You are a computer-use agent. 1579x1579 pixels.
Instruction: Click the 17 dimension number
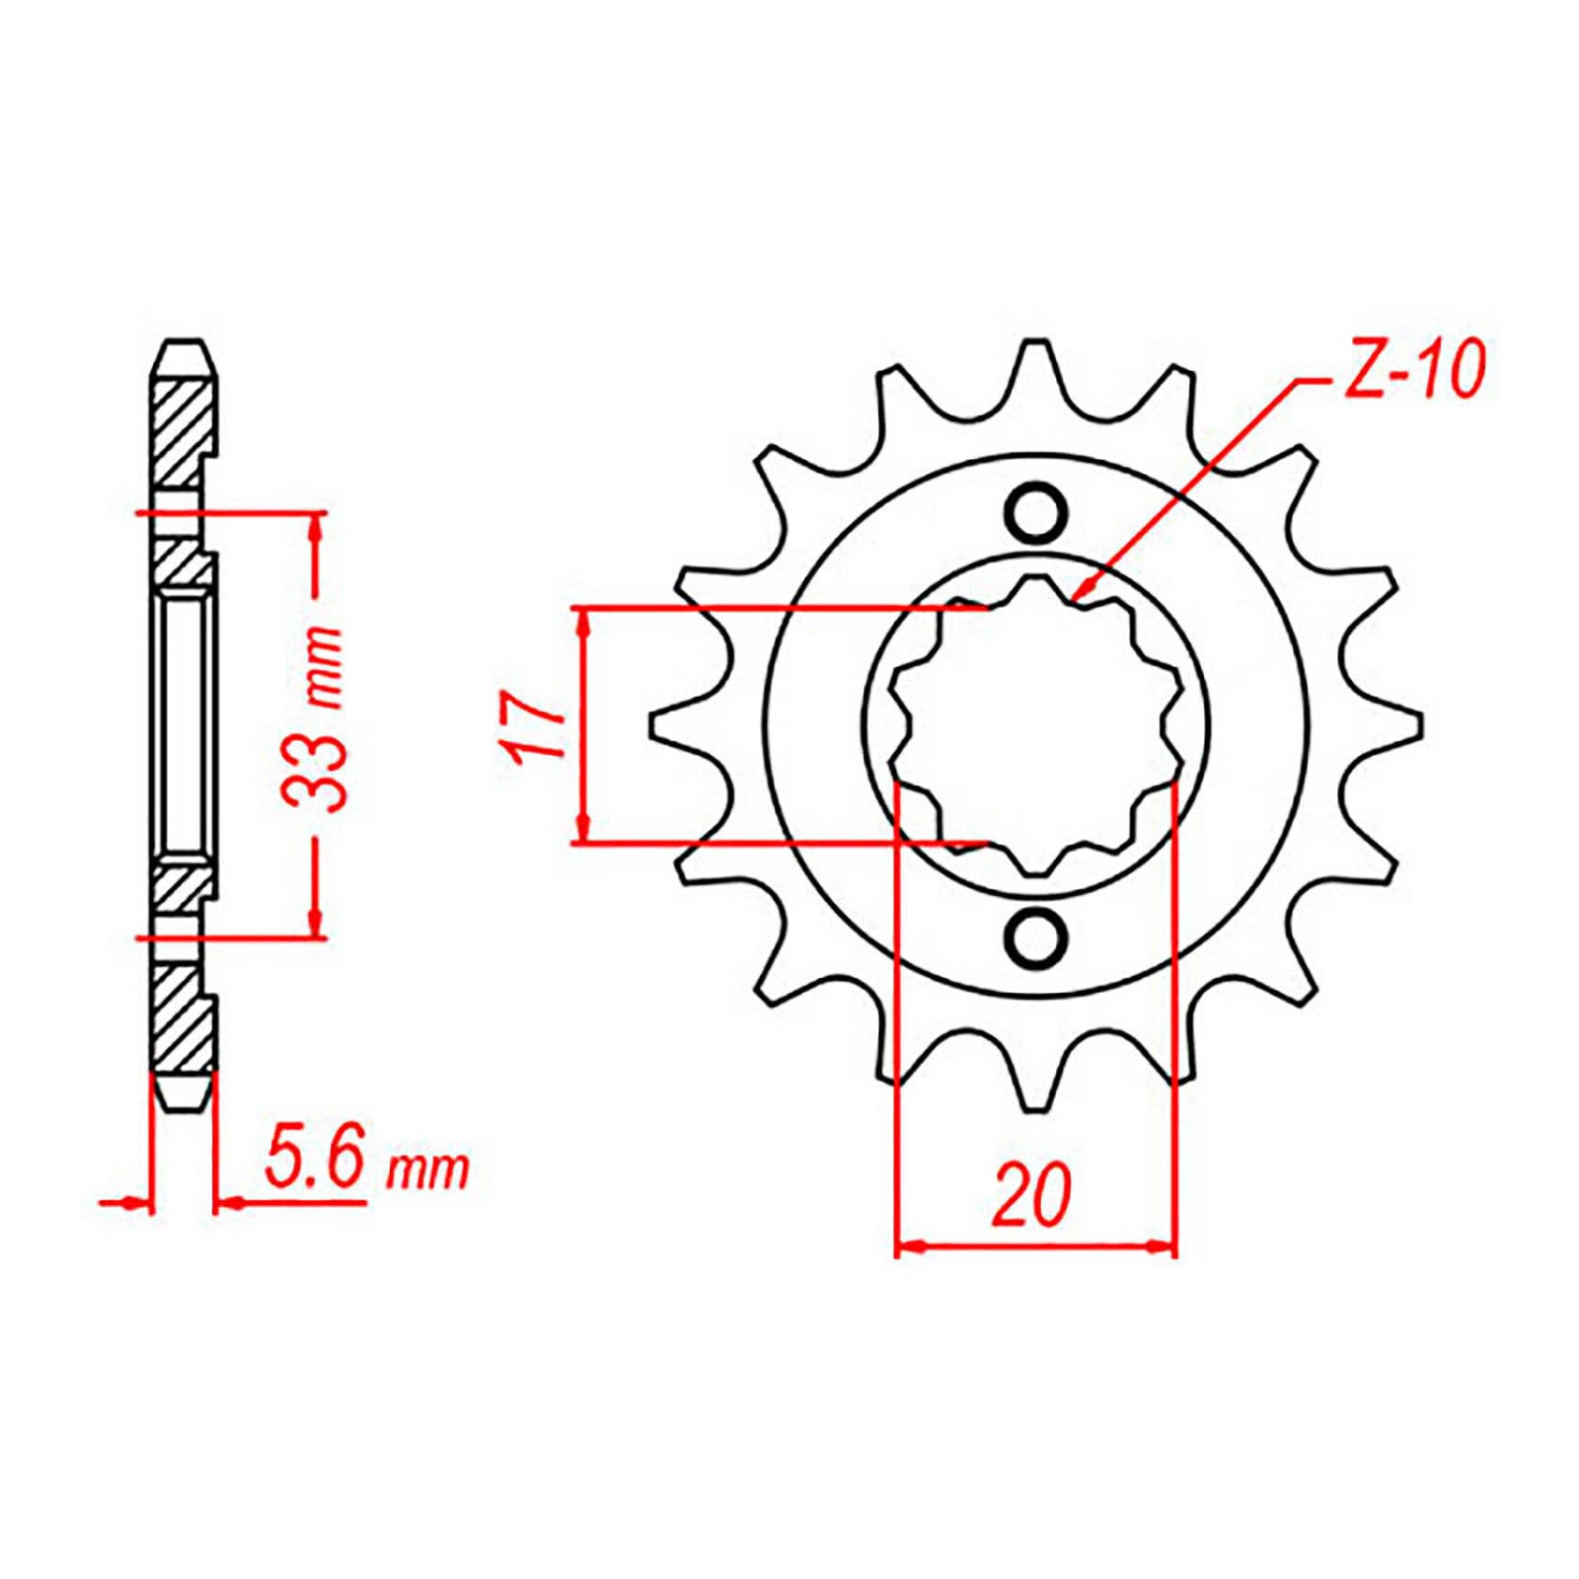tap(533, 727)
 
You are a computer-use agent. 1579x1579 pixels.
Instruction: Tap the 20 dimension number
tap(1032, 1196)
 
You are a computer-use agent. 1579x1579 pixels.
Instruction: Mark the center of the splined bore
tap(1035, 725)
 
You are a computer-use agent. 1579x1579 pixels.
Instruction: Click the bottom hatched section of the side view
tap(183, 1021)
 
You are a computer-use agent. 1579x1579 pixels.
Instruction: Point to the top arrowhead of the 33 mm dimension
tap(316, 524)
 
